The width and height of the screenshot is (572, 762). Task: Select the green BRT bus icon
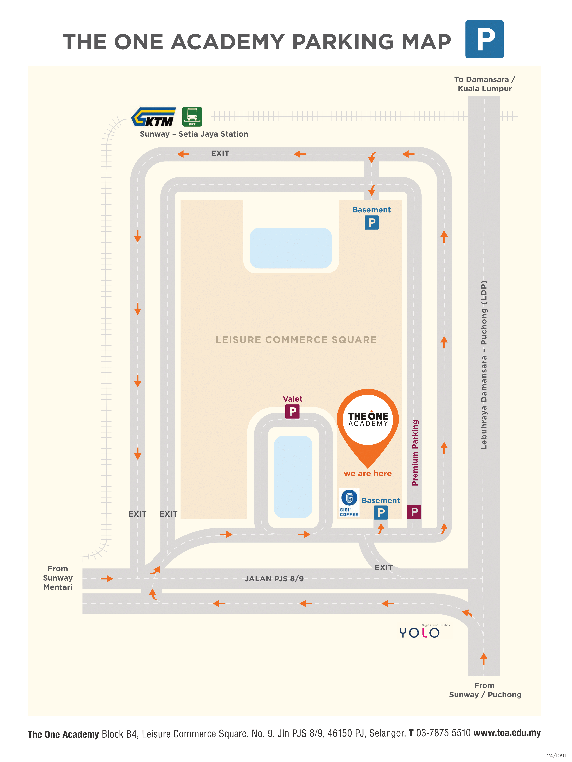[192, 117]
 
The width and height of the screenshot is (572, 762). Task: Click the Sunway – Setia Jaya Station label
[194, 134]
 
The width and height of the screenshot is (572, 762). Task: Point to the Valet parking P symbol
[292, 411]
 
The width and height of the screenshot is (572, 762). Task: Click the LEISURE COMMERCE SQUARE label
[296, 340]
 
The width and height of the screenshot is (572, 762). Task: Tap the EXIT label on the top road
[220, 154]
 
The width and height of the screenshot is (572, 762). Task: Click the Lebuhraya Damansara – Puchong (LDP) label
[484, 365]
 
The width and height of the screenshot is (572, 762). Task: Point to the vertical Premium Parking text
[415, 453]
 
